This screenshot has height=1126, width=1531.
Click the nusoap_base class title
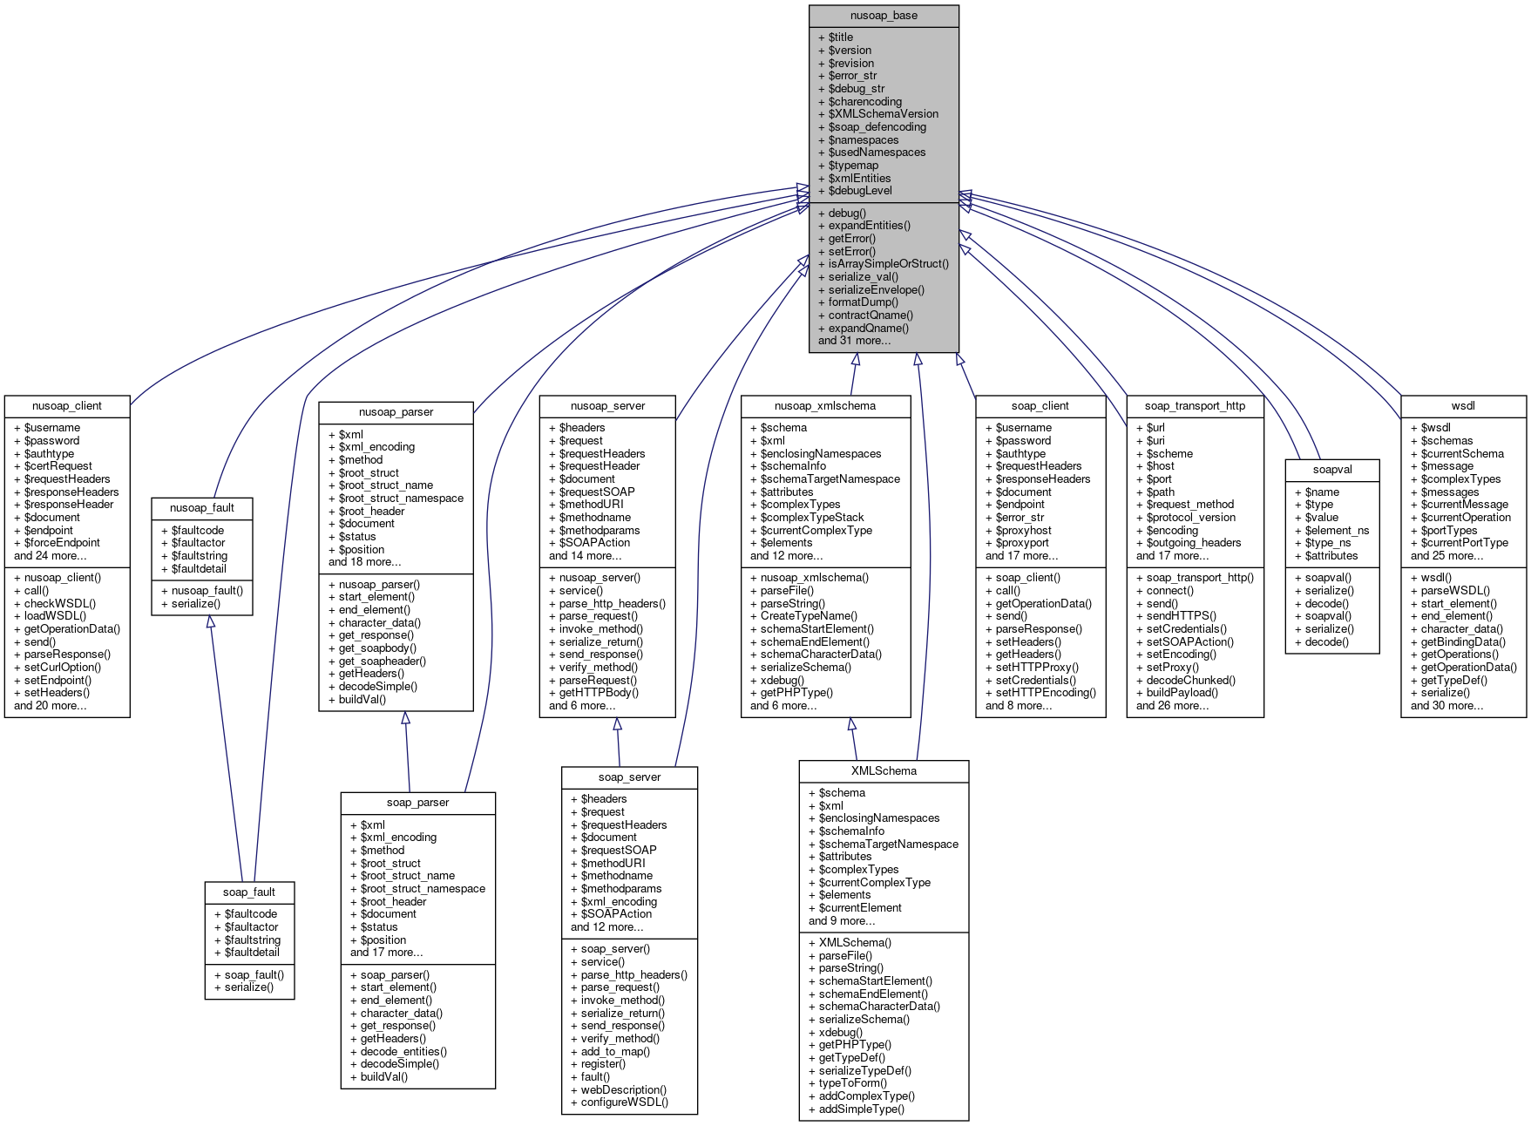(x=884, y=16)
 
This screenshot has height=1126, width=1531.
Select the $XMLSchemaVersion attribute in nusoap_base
(x=883, y=114)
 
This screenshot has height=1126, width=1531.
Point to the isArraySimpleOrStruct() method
(x=888, y=264)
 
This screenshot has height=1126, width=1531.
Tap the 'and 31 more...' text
(x=854, y=341)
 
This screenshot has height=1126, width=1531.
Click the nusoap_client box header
(x=67, y=406)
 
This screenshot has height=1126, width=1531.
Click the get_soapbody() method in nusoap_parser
(x=377, y=648)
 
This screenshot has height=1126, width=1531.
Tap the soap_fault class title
(x=249, y=892)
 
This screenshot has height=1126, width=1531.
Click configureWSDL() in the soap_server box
(x=624, y=1102)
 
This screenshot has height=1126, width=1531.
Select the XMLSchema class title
(x=884, y=771)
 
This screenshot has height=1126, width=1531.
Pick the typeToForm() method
(x=852, y=1083)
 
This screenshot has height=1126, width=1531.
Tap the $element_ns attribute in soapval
(x=1337, y=531)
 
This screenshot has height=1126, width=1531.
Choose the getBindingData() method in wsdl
(x=1462, y=642)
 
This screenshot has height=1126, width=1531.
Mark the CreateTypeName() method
(x=809, y=616)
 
